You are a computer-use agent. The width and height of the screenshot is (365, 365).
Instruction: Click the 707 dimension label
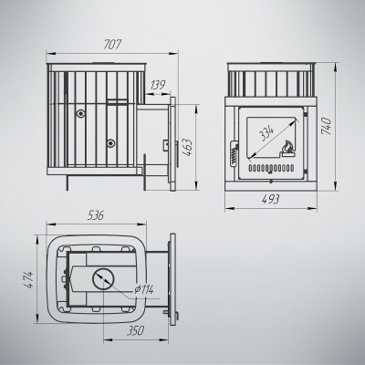(112, 45)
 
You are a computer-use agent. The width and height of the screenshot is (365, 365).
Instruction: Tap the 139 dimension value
(158, 85)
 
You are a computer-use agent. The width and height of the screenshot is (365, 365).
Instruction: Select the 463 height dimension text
(188, 148)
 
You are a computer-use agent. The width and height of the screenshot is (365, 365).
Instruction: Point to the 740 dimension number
(327, 126)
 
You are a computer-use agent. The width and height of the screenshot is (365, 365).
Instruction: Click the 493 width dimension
(270, 200)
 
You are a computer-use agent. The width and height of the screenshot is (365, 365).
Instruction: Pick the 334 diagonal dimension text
(267, 134)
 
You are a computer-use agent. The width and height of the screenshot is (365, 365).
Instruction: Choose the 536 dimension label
(96, 215)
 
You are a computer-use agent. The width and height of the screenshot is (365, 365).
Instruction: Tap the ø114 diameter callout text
(143, 289)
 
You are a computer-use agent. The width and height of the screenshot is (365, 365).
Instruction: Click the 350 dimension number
(135, 330)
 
